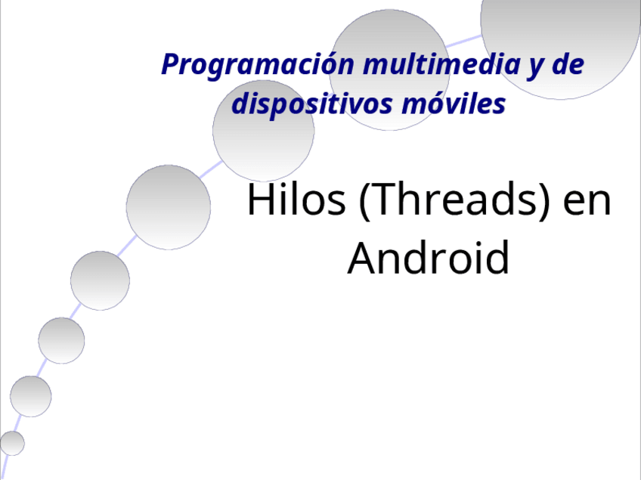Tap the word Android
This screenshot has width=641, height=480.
[428, 258]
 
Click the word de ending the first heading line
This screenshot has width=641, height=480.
[567, 65]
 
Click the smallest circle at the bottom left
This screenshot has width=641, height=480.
[11, 443]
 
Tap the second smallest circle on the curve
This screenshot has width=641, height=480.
[31, 396]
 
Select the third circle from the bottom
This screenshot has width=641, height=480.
[61, 340]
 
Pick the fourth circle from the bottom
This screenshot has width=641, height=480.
[100, 280]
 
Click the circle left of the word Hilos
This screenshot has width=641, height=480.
[168, 207]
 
